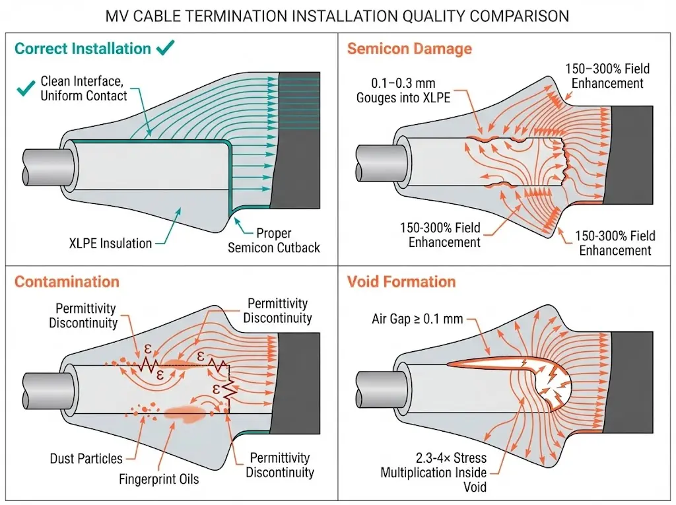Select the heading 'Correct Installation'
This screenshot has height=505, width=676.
pyautogui.click(x=83, y=49)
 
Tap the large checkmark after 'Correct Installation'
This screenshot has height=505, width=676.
pyautogui.click(x=166, y=48)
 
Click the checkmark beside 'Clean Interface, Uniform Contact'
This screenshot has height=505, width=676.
pyautogui.click(x=25, y=88)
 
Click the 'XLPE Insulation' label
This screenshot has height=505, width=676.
pyautogui.click(x=110, y=243)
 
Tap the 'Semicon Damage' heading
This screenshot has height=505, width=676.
pyautogui.click(x=409, y=49)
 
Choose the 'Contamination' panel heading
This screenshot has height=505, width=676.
pyautogui.click(x=67, y=282)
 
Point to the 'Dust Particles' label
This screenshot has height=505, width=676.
pyautogui.click(x=86, y=458)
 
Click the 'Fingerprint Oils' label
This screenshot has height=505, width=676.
pyautogui.click(x=158, y=479)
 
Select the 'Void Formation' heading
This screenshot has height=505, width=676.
pyautogui.click(x=401, y=282)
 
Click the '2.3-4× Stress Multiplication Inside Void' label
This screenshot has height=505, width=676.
pyautogui.click(x=433, y=472)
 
